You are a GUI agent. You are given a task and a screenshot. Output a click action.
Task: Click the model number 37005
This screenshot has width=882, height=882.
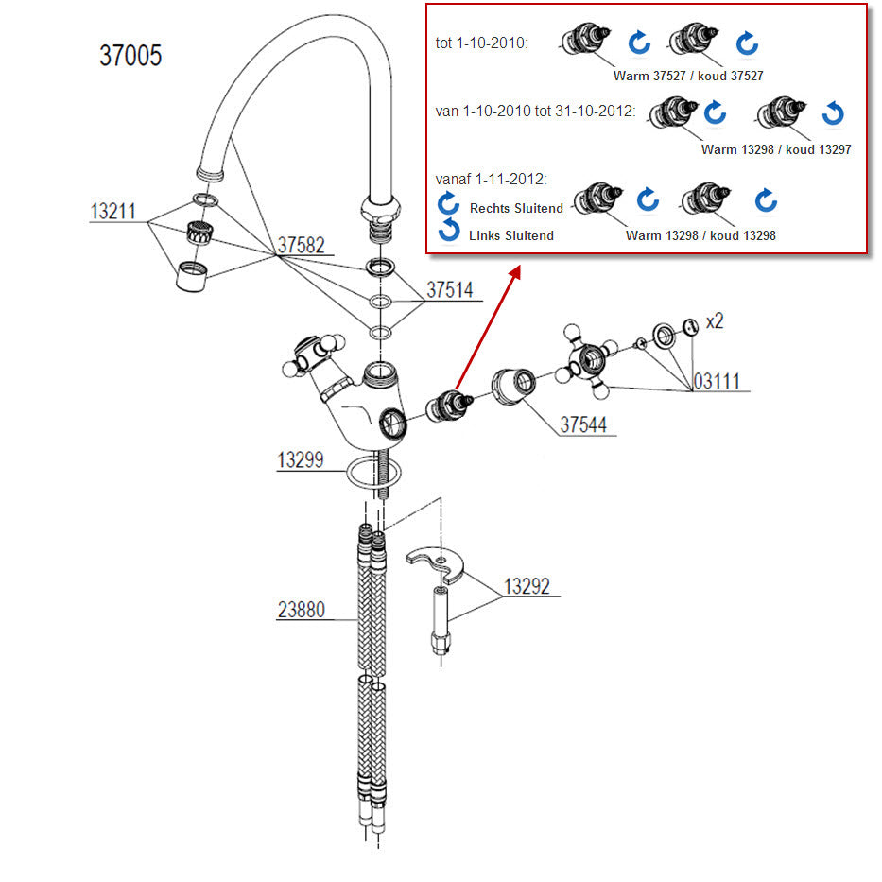(130, 56)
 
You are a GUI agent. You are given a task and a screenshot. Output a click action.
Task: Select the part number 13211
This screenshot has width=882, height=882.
(114, 212)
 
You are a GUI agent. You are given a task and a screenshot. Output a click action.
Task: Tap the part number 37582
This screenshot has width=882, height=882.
(301, 246)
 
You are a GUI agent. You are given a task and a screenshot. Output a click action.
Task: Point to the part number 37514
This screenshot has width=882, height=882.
(450, 290)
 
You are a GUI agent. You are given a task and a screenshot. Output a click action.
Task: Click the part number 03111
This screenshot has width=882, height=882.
(718, 382)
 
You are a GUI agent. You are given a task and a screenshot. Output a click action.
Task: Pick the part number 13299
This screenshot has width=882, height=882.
(301, 460)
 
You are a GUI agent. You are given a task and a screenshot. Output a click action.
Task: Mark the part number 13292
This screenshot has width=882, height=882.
(527, 586)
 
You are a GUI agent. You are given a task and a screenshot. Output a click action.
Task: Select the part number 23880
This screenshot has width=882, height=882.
(301, 610)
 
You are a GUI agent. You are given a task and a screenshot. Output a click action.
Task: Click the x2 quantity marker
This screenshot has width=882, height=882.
(714, 321)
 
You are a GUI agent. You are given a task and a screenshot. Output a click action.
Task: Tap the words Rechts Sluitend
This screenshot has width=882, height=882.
(516, 208)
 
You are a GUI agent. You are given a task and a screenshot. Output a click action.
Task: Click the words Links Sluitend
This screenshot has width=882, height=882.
(510, 235)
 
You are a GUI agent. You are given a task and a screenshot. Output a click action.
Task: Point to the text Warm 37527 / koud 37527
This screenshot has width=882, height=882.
(688, 76)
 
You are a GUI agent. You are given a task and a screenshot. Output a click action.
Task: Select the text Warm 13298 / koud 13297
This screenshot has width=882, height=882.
(776, 149)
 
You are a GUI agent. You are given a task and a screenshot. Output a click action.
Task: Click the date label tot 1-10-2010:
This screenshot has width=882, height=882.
(480, 43)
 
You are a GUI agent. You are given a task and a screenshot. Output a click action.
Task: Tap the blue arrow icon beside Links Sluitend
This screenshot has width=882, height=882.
(449, 231)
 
